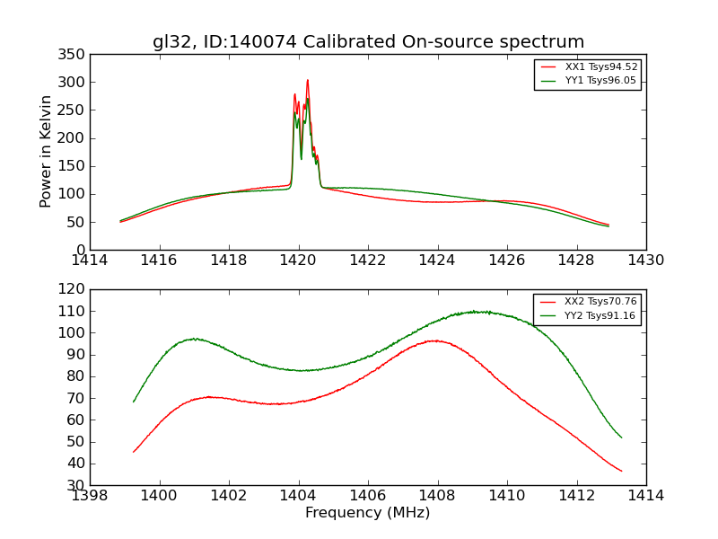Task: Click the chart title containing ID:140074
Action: [368, 42]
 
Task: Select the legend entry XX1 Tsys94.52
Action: [601, 66]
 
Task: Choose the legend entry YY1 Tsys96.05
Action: [601, 80]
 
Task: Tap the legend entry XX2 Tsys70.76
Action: [600, 302]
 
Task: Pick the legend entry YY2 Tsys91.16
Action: [600, 315]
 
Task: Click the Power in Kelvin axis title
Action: [46, 151]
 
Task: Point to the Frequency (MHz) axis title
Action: [368, 513]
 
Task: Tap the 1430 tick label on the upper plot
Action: [645, 261]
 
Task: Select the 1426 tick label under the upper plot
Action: [506, 261]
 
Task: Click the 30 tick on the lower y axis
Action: [77, 485]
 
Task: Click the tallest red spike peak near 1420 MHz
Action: [307, 80]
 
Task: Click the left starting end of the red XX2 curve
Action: [134, 452]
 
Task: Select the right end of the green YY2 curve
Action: [621, 437]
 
